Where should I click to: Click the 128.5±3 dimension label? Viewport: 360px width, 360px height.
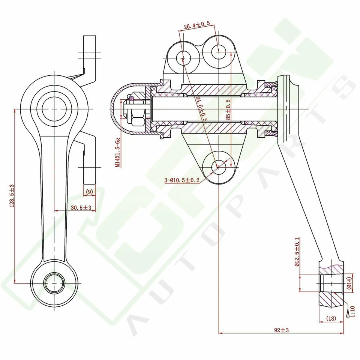[x=12, y=196]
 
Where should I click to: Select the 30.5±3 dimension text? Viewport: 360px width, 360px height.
[x=78, y=207]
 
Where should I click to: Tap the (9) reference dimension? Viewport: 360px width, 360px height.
[x=89, y=192]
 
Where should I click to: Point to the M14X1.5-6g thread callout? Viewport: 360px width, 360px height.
[x=118, y=152]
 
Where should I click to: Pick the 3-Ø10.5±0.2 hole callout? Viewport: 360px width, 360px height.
[x=182, y=180]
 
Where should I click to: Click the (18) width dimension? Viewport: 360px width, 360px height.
[x=331, y=318]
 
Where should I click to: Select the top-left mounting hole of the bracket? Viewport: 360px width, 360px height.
[x=183, y=58]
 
